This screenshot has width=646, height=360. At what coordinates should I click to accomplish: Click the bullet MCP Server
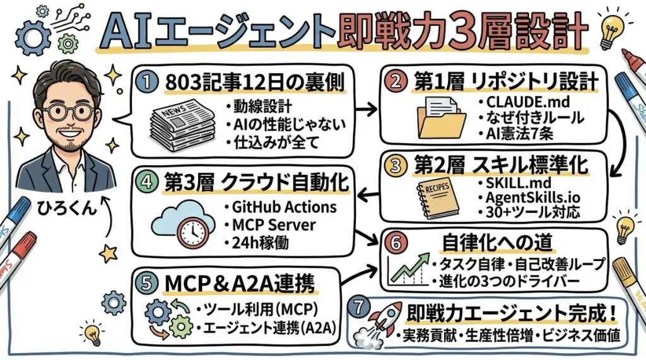click(274, 224)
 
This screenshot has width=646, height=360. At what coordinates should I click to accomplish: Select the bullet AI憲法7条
click(513, 132)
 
